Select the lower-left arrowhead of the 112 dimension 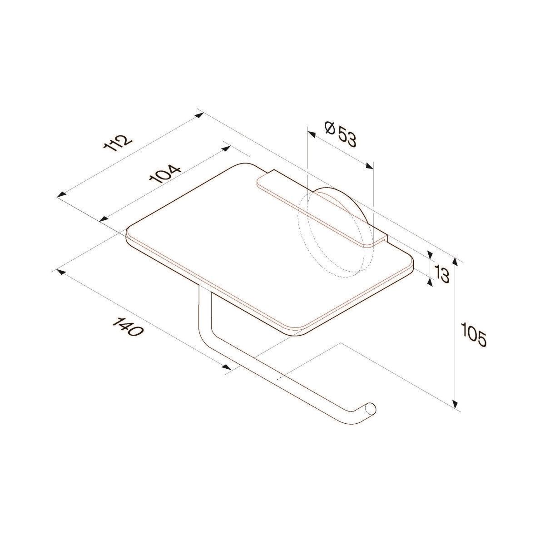62,195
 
